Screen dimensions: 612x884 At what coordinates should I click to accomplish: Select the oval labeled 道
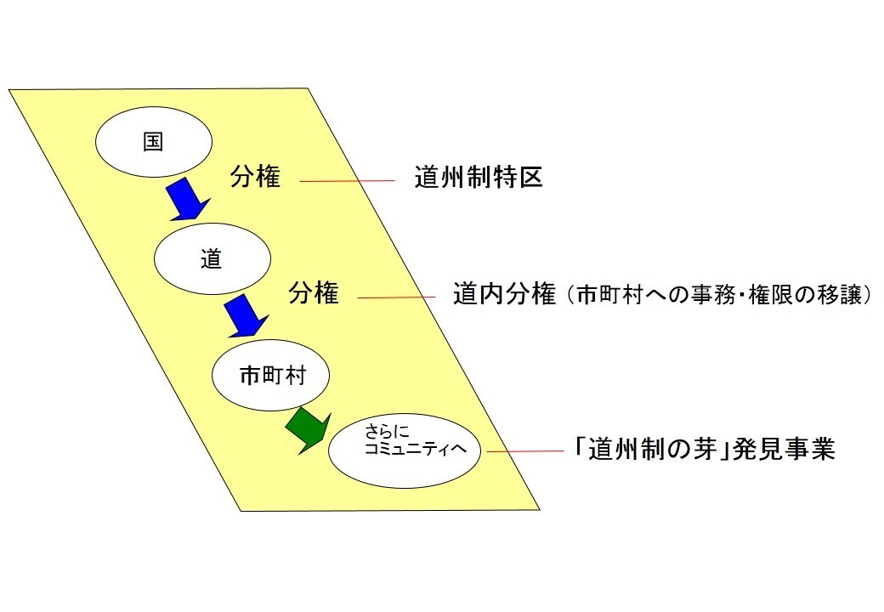coord(212,260)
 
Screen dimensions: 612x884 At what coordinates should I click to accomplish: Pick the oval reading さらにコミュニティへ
coord(405,451)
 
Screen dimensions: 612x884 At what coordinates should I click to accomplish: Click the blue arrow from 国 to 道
coord(186,199)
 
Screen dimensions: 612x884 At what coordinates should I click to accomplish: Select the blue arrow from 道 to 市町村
coord(245,315)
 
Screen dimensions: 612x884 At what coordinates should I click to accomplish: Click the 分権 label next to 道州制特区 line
coord(255,178)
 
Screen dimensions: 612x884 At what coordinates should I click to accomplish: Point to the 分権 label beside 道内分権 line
coord(314,294)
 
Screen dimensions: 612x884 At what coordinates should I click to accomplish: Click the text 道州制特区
coord(479,178)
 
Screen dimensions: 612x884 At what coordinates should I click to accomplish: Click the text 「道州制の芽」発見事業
coord(705,449)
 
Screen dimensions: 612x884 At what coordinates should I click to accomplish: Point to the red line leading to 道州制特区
coord(348,180)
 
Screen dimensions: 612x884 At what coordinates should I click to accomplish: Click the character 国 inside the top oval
coord(153,143)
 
